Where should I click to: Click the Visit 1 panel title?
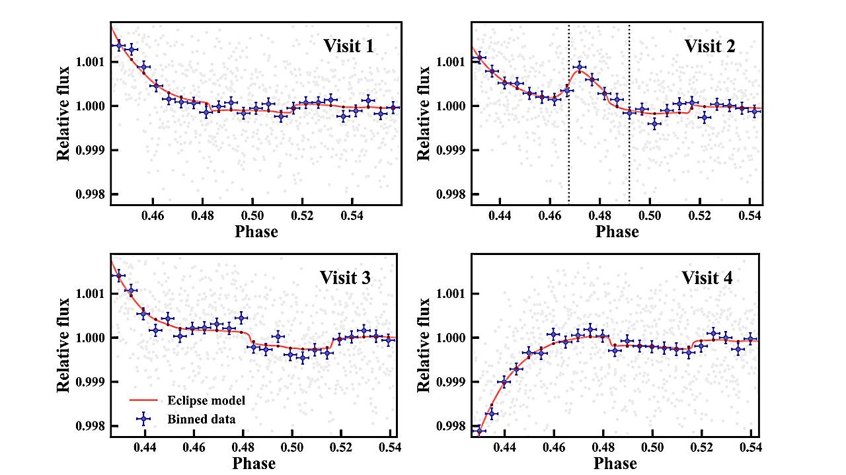point(348,46)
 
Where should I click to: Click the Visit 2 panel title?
point(709,46)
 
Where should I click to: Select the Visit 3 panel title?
point(345,277)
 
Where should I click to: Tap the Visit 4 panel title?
point(707,277)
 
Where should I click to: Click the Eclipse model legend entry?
point(196,400)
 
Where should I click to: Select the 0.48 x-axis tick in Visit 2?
point(600,216)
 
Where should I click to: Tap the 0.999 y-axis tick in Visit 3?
point(90,382)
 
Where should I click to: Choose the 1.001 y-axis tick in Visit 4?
point(451,293)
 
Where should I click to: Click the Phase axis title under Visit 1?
point(256,232)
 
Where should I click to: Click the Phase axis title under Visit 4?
point(615,463)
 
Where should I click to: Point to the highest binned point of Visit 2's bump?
point(580,67)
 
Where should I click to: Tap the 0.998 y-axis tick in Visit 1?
point(90,194)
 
